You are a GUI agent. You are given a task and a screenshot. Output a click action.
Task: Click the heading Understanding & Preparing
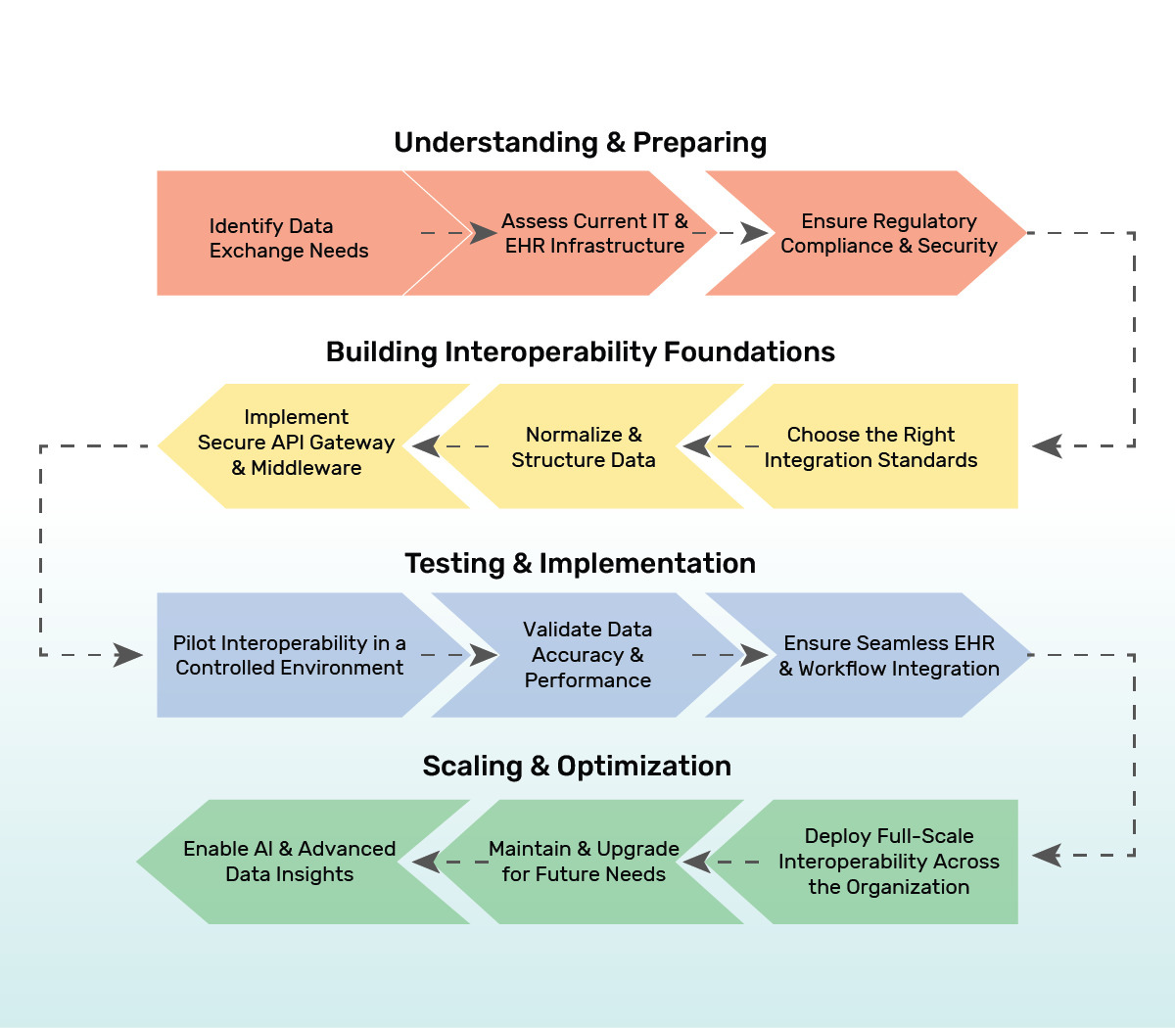(580, 143)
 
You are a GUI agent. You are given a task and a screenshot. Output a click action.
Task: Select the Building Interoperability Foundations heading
(580, 352)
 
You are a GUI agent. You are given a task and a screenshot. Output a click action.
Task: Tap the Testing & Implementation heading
(580, 564)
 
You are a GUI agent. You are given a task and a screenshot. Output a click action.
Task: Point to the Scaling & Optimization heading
(577, 767)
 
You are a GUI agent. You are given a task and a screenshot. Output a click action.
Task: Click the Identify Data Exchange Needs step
(288, 238)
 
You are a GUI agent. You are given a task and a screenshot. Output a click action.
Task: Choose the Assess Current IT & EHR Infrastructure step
(594, 234)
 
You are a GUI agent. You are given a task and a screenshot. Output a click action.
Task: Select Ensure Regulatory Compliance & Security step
(888, 234)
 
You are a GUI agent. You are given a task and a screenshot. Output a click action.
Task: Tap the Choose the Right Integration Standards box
(870, 447)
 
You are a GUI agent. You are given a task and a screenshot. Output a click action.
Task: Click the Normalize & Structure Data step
(584, 447)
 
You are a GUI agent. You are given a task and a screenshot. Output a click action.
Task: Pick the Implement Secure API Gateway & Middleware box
(296, 443)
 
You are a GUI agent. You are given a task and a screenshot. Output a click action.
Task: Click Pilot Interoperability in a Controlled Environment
(289, 656)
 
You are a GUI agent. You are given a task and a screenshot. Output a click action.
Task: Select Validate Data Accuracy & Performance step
(587, 655)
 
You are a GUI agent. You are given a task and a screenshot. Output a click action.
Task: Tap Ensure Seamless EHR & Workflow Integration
(888, 656)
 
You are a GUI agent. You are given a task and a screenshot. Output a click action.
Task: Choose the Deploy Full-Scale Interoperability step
(888, 862)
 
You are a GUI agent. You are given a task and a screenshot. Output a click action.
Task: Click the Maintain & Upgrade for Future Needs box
(584, 862)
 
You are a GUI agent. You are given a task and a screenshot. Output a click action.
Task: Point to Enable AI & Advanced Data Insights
(290, 862)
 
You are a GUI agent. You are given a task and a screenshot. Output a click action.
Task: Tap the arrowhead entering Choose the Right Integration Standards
(1048, 446)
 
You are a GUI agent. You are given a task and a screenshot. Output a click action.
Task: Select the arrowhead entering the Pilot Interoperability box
(128, 655)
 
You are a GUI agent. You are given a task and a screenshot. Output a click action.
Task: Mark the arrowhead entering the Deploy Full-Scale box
(1048, 856)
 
